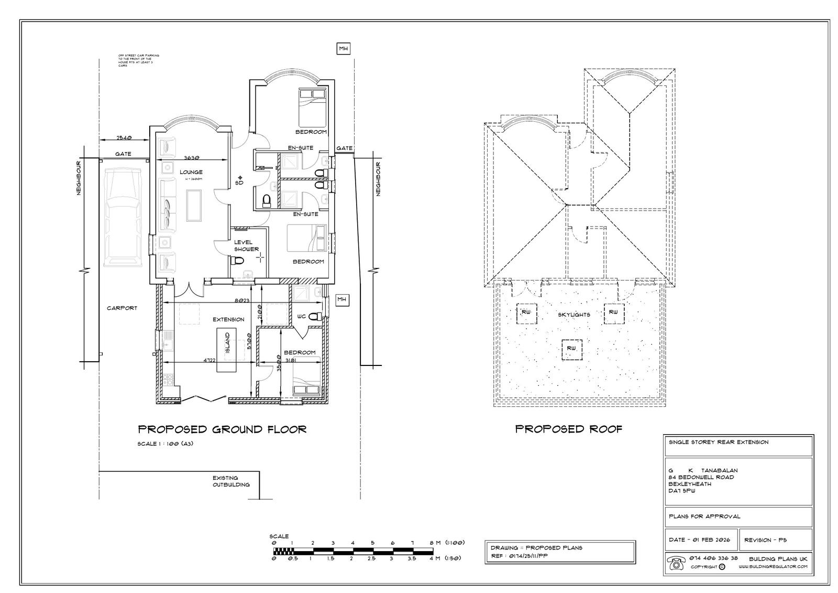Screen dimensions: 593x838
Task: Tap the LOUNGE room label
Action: tap(191, 172)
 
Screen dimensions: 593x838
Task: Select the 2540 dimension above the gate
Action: tap(124, 138)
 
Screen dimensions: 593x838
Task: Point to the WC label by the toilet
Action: tap(301, 317)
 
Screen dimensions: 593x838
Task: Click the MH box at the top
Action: tap(343, 49)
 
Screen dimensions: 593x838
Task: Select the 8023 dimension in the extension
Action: tap(242, 301)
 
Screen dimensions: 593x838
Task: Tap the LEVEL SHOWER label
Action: tap(246, 245)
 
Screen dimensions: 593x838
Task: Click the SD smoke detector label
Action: tap(239, 183)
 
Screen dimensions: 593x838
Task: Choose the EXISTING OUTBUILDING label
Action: tap(231, 481)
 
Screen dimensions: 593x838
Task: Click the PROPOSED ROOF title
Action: tap(569, 429)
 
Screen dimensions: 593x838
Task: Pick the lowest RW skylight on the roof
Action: tap(571, 348)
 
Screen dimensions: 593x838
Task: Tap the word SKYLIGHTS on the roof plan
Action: tap(574, 315)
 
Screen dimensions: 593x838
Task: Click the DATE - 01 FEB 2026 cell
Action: tap(701, 540)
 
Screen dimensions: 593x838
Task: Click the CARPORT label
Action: tap(122, 308)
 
